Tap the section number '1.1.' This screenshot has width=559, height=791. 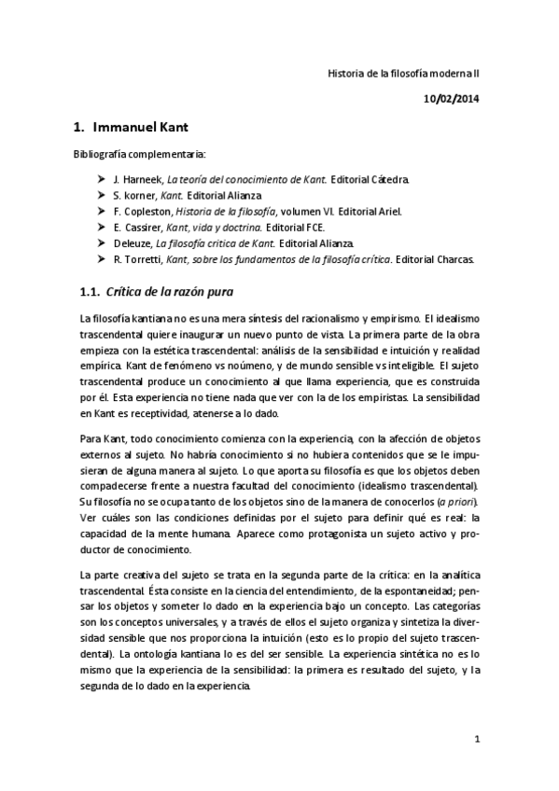91,292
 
